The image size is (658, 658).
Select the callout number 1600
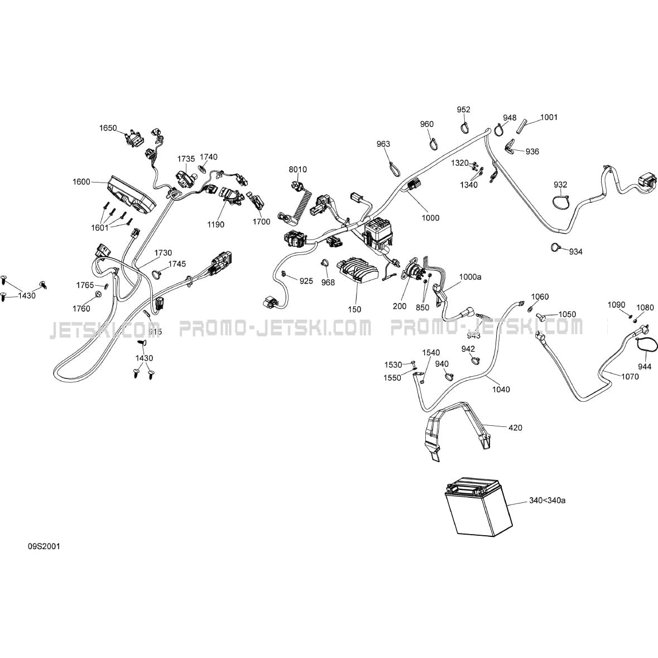point(81,181)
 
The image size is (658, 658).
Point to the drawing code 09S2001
point(44,546)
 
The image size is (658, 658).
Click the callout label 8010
point(297,169)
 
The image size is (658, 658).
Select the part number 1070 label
point(630,377)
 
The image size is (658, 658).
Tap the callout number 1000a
point(470,277)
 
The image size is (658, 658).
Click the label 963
point(383,144)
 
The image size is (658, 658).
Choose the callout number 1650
point(108,128)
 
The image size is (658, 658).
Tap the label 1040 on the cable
point(501,390)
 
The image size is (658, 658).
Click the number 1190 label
point(216,224)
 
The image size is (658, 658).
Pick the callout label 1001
point(549,117)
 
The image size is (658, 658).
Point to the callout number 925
point(306,281)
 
